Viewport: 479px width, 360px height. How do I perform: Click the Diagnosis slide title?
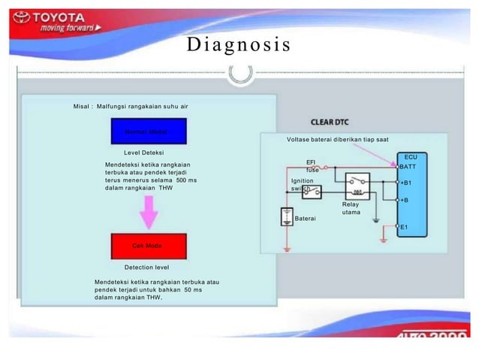pyautogui.click(x=239, y=45)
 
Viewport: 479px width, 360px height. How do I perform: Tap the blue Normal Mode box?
pyautogui.click(x=150, y=131)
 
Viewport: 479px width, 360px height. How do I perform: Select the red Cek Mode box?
pyautogui.click(x=147, y=246)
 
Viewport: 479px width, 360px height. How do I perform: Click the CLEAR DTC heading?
pyautogui.click(x=330, y=121)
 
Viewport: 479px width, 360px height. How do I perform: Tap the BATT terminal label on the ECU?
pyautogui.click(x=408, y=166)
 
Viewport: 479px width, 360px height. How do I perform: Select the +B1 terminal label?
pyautogui.click(x=405, y=183)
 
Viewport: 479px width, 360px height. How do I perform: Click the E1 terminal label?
pyautogui.click(x=404, y=226)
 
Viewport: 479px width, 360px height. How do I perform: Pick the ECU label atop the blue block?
pyautogui.click(x=411, y=156)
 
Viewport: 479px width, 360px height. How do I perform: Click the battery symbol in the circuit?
pyautogui.click(x=287, y=218)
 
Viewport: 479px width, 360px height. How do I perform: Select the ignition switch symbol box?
pyautogui.click(x=311, y=192)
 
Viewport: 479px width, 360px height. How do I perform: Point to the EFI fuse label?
pyautogui.click(x=312, y=166)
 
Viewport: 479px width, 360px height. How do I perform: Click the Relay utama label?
pyautogui.click(x=351, y=208)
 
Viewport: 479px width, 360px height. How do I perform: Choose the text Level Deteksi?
pyautogui.click(x=143, y=153)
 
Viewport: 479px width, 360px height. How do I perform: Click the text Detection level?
pyautogui.click(x=146, y=267)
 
